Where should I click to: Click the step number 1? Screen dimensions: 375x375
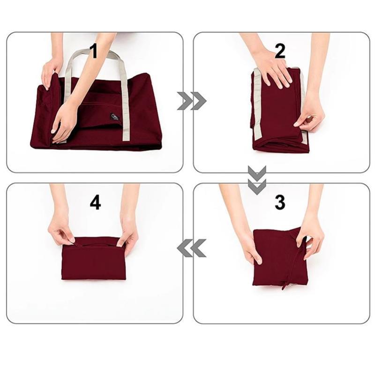pyautogui.click(x=94, y=51)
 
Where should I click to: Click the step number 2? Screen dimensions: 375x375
pyautogui.click(x=279, y=51)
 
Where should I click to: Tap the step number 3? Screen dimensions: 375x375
pyautogui.click(x=279, y=202)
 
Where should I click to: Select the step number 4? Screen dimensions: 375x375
pyautogui.click(x=95, y=202)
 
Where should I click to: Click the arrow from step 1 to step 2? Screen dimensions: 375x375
pyautogui.click(x=192, y=101)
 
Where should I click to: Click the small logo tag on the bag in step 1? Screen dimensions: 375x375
pyautogui.click(x=115, y=117)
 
